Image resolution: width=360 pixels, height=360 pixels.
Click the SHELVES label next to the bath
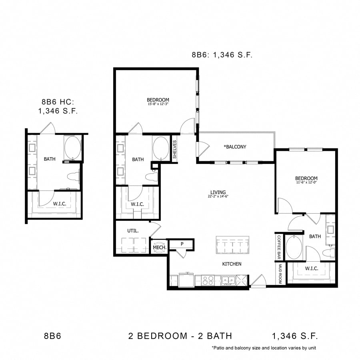point(175,149)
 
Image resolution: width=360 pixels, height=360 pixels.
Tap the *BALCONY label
point(235,147)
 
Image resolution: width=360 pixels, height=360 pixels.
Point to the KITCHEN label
point(232,264)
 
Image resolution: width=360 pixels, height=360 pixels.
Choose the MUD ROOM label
point(280,274)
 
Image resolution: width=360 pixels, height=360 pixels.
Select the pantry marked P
point(182,244)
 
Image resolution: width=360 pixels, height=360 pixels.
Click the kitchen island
point(232,244)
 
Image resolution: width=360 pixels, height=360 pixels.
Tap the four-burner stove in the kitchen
point(207,280)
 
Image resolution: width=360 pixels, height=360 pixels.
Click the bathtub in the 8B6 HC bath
point(72,148)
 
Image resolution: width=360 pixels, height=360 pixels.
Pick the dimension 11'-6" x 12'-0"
point(306,183)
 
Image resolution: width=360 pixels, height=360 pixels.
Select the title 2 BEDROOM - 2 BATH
point(180,336)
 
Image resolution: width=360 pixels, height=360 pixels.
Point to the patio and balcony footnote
point(264,348)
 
